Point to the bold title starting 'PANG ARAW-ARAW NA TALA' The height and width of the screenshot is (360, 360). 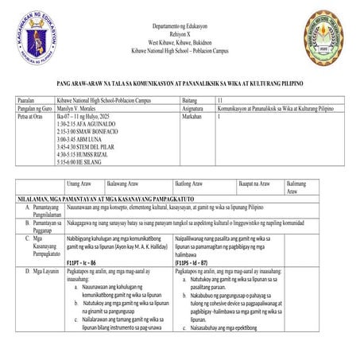pos(180,83)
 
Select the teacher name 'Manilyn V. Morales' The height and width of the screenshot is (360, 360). pos(81,108)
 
